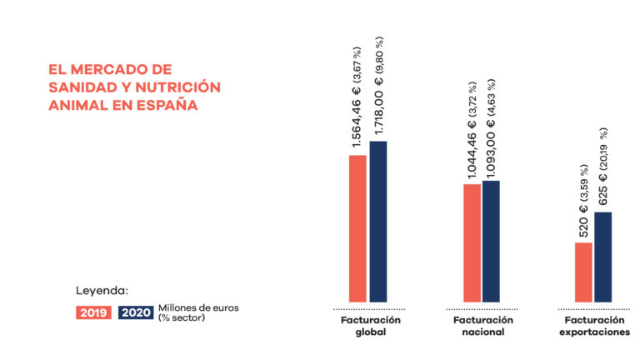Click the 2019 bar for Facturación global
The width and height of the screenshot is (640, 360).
pos(357,228)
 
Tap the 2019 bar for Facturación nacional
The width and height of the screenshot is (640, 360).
pos(472,242)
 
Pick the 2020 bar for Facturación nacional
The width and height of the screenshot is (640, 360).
pos(491,241)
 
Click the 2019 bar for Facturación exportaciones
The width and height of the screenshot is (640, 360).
pos(583,272)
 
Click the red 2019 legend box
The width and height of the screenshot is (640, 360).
pos(94,313)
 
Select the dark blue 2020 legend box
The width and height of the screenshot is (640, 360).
pos(135,313)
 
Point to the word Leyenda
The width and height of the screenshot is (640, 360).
pos(102,291)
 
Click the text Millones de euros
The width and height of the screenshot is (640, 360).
pos(198,307)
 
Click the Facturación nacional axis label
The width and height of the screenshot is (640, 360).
pos(482,326)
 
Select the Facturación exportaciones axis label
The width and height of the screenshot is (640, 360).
pos(594,326)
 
